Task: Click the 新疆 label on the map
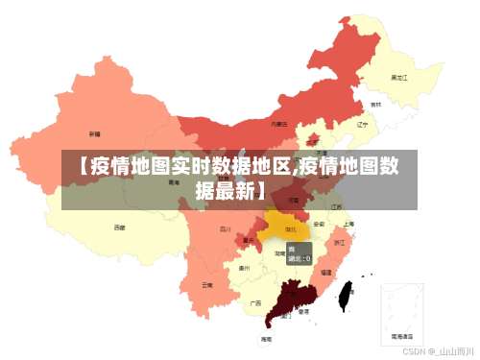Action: point(94,133)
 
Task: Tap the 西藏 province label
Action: point(119,228)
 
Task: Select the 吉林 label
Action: point(375,104)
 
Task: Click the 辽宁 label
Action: point(362,124)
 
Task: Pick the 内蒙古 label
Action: point(278,124)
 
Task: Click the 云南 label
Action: point(207,284)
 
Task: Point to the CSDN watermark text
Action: point(441,351)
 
